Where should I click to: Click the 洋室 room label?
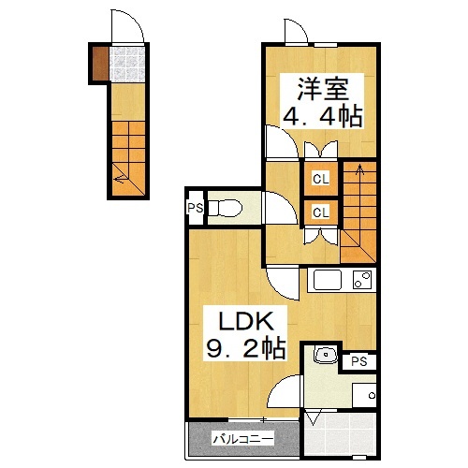coord(324,91)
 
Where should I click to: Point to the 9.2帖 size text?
coord(245,350)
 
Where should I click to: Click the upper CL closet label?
coord(319,178)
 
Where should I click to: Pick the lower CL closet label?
coord(319,212)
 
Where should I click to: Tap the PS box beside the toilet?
coord(195,209)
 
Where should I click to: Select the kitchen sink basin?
coord(328,280)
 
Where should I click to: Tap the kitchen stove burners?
coord(362,280)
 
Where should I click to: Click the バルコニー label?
coord(241,438)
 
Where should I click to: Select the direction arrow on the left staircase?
coord(119,172)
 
